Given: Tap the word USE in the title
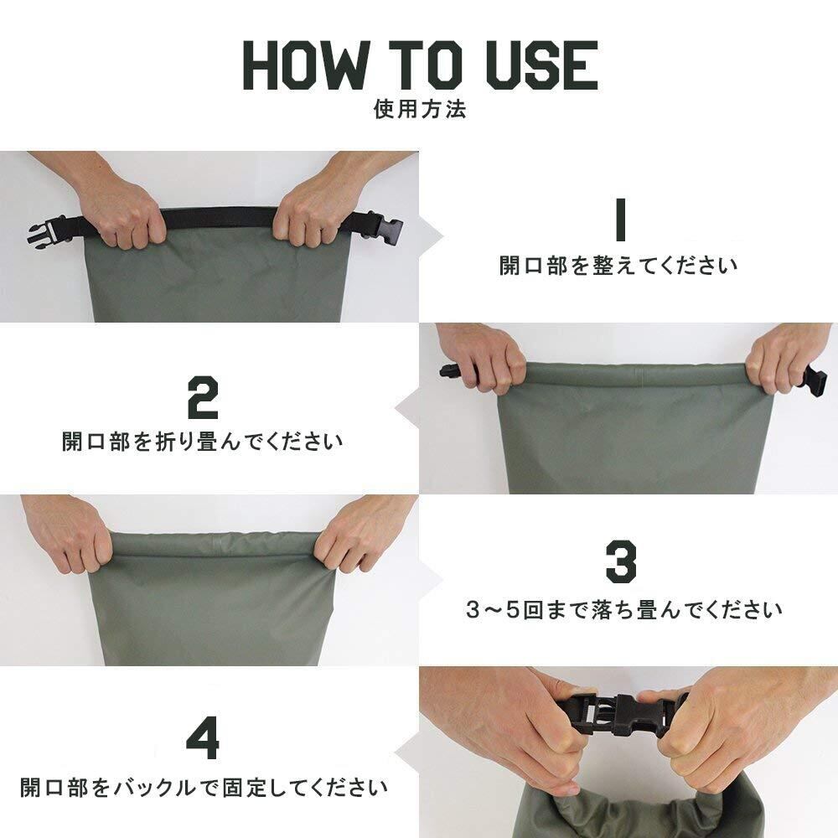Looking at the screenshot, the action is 541,65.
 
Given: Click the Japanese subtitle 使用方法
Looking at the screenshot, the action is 420,109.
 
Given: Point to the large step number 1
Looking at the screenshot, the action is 620,219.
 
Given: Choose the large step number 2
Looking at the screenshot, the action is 203,397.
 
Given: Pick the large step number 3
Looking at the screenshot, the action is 621,561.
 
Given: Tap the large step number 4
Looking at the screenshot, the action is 203,739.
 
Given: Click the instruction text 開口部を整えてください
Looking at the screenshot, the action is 618,266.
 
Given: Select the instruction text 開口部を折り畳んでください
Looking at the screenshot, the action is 203,442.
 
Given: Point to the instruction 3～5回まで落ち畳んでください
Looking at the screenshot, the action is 623,610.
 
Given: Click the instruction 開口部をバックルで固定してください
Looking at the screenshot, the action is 204,788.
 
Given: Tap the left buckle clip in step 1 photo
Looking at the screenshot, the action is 46,233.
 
